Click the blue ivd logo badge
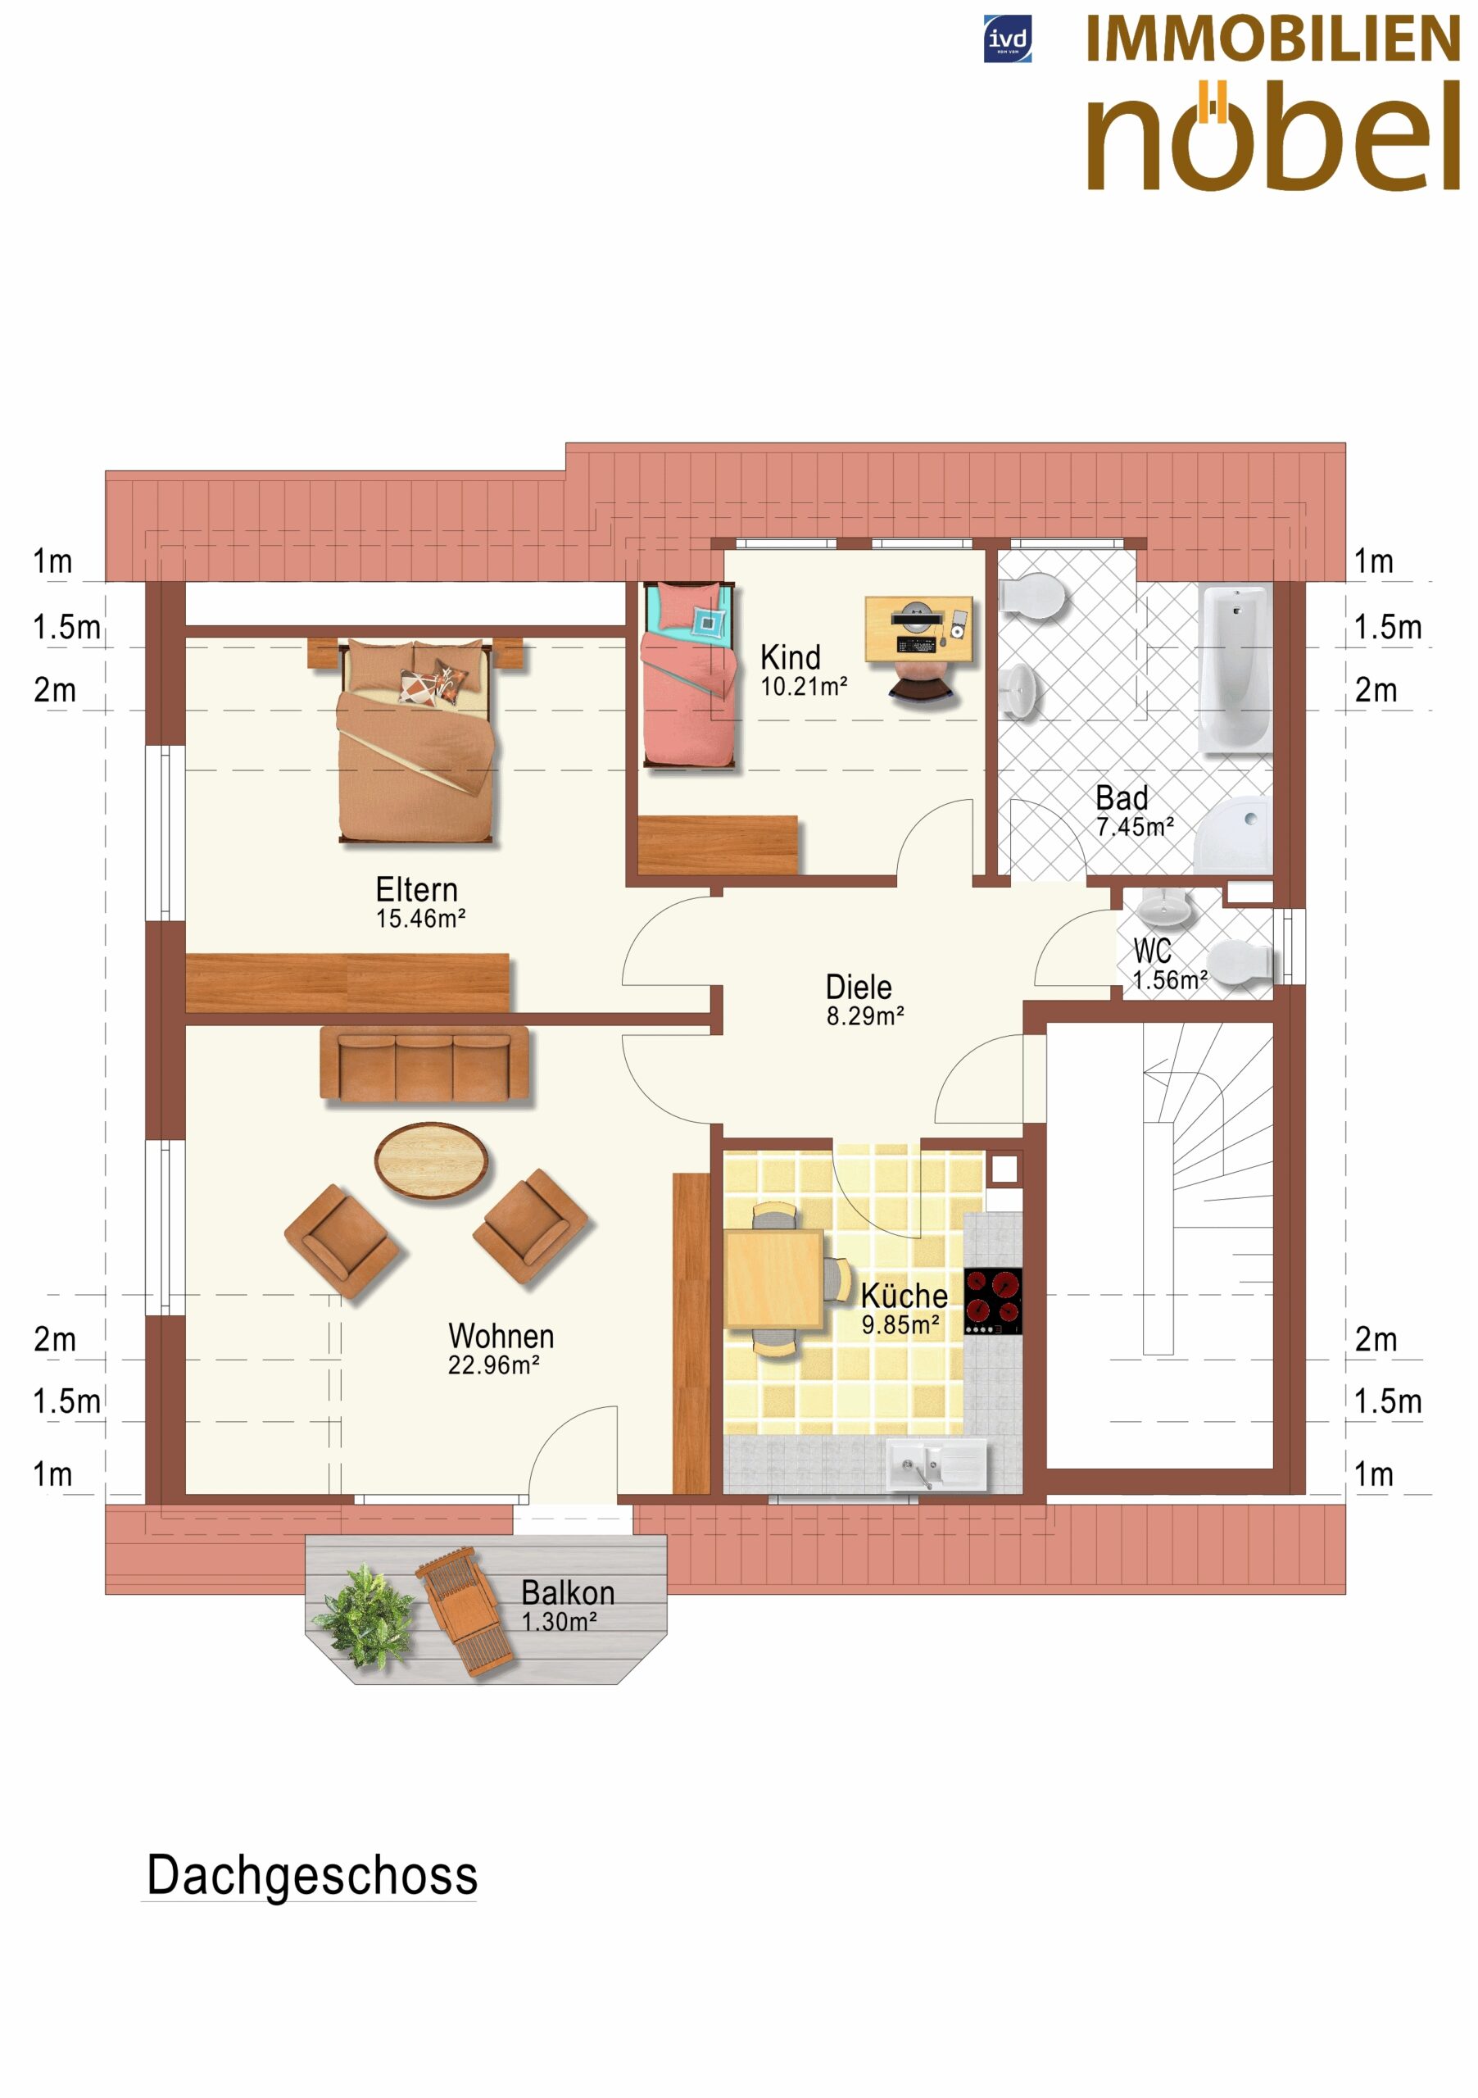click(x=1007, y=39)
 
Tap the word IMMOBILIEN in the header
click(x=1272, y=39)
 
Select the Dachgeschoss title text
click(x=311, y=1876)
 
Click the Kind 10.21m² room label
click(x=804, y=670)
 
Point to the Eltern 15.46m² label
click(x=420, y=901)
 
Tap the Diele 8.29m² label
click(x=864, y=1000)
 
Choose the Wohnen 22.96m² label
click(x=501, y=1348)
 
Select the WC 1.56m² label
click(x=1169, y=965)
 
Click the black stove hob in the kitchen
click(x=993, y=1301)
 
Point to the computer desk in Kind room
click(x=919, y=629)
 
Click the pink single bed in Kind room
click(x=689, y=675)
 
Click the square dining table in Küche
click(x=774, y=1279)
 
